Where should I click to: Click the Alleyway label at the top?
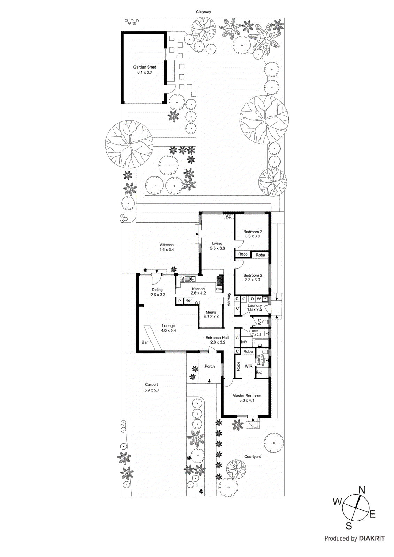(203, 12)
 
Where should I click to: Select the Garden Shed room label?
(145, 67)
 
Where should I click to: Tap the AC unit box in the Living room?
(229, 217)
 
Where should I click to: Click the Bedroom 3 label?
(253, 232)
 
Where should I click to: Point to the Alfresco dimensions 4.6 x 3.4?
(167, 250)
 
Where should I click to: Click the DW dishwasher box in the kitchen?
(183, 279)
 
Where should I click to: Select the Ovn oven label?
(219, 289)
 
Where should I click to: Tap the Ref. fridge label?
(188, 300)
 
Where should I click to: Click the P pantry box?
(179, 301)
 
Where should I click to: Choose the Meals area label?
(211, 312)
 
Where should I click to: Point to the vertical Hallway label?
(229, 299)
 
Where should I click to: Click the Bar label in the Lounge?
(145, 342)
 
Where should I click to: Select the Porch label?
(210, 366)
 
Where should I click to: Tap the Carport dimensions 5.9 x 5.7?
(152, 390)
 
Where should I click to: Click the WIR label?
(248, 366)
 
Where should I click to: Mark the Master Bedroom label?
(247, 396)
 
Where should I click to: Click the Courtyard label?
(253, 457)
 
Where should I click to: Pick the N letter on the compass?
(362, 490)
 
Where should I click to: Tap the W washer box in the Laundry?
(258, 299)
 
